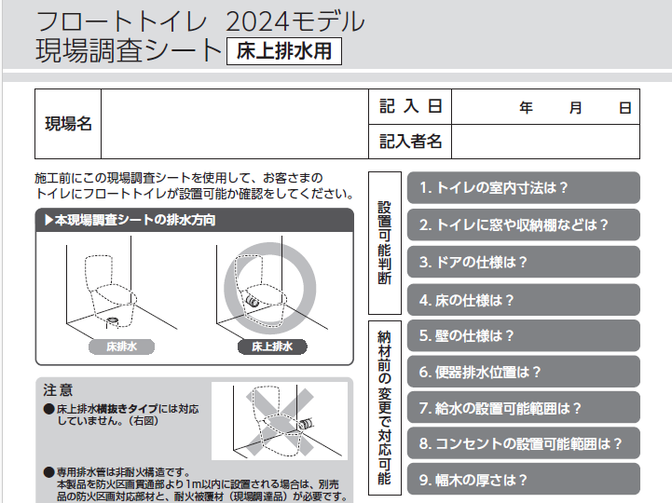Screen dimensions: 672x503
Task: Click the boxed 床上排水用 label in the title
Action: (284, 51)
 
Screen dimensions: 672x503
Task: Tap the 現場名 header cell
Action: (68, 124)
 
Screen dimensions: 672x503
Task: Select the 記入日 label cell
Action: (410, 107)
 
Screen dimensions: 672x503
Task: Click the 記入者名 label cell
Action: (410, 142)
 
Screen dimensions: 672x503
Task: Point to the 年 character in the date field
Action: (526, 107)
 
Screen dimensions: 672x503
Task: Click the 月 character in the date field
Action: (575, 107)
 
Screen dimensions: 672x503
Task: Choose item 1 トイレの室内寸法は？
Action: (523, 187)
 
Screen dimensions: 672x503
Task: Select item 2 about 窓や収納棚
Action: (523, 224)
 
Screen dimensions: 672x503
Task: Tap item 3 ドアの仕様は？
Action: (523, 262)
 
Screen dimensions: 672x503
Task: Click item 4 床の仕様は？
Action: (523, 300)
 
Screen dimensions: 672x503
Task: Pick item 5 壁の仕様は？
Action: (523, 335)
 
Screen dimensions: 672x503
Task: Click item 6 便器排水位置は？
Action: (523, 372)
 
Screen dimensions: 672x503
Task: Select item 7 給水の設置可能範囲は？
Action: (523, 407)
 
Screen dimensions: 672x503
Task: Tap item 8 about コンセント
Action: (523, 443)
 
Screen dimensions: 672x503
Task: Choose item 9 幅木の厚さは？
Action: (523, 480)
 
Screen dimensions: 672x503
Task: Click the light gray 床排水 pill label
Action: (122, 347)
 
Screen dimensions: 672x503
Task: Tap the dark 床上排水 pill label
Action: (272, 347)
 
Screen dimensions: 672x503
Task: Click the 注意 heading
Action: (58, 390)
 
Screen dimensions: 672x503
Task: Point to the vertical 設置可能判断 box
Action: (385, 243)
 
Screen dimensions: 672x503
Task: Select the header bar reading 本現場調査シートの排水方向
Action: (195, 220)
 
